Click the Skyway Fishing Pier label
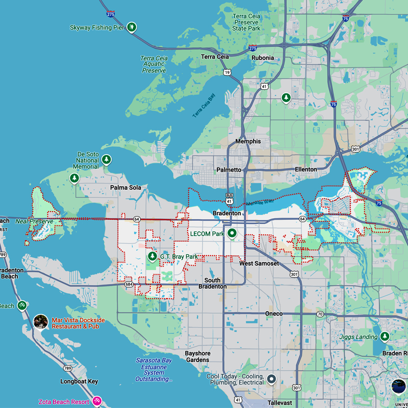click(97, 28)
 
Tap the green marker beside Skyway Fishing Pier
click(132, 27)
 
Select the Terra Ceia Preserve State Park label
click(247, 22)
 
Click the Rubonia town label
click(263, 58)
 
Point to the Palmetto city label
click(229, 169)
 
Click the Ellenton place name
click(305, 169)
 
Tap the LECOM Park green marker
click(232, 234)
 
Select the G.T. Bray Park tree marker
click(152, 256)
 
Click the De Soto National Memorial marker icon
click(107, 160)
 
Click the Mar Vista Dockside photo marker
click(40, 322)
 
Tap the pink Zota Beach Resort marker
click(97, 402)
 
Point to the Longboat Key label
click(79, 381)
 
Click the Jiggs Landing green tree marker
click(385, 336)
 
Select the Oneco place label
click(273, 313)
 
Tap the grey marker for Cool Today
click(272, 379)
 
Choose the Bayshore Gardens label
click(197, 356)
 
